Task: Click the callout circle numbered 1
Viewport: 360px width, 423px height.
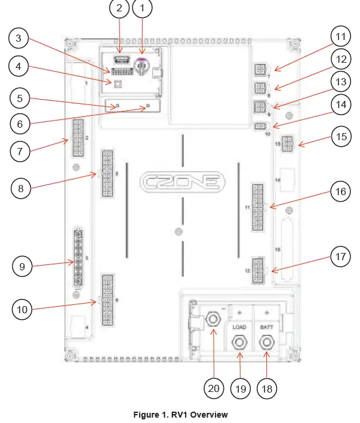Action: [x=142, y=8]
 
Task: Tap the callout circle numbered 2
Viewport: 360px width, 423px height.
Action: [x=119, y=8]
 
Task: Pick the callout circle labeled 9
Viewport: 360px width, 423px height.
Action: [x=23, y=267]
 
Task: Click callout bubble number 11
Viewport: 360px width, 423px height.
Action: [x=340, y=37]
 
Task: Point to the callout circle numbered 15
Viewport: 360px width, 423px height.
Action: [x=340, y=137]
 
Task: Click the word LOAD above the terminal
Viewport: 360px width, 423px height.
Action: [x=239, y=328]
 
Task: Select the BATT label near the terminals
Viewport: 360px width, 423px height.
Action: [x=266, y=328]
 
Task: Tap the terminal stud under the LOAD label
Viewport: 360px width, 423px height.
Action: [x=239, y=342]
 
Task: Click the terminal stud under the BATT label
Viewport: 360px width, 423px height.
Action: [x=266, y=342]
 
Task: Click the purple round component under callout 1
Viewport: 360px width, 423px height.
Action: [x=142, y=67]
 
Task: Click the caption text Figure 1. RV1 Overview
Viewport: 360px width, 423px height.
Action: [x=180, y=415]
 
